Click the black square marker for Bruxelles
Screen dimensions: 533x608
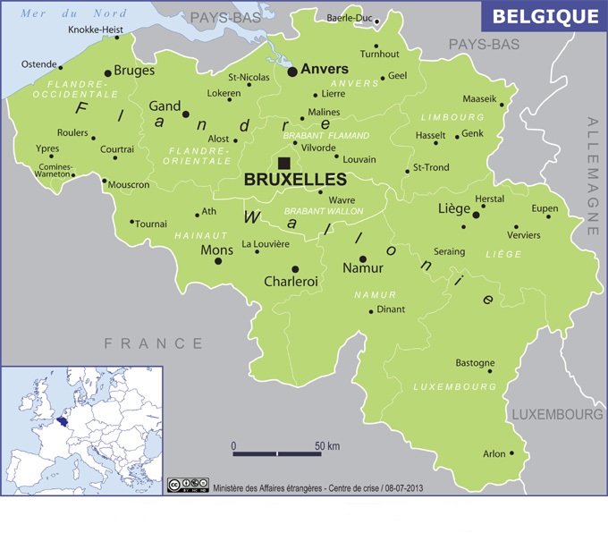[283, 162]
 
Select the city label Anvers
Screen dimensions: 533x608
[325, 68]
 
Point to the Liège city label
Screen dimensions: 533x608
[454, 209]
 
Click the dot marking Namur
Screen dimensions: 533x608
[362, 258]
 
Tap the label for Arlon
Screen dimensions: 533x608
[494, 454]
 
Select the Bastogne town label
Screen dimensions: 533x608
[475, 363]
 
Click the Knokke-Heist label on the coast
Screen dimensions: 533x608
[95, 30]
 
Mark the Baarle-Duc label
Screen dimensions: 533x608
[350, 18]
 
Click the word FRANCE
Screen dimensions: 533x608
[153, 343]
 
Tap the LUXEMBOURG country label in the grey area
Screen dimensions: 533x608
[557, 415]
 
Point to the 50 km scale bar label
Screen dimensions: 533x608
[327, 445]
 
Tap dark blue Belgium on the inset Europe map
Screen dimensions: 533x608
[62, 419]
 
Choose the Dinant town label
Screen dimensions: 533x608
[392, 310]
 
